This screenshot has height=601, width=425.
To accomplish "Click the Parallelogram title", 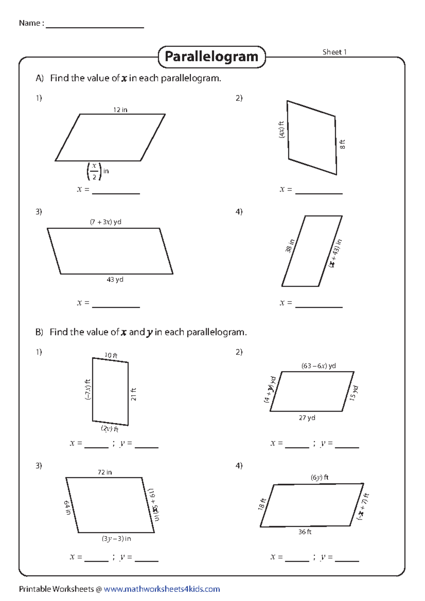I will tap(211, 57).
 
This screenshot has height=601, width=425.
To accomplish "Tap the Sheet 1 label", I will tap(334, 52).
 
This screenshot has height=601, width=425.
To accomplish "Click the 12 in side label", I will tap(120, 110).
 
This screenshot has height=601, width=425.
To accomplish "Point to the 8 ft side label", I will tap(342, 144).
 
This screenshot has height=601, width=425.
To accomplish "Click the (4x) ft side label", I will tap(282, 130).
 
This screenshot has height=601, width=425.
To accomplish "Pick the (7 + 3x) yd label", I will tap(106, 222).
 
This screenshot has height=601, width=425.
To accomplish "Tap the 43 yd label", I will tap(115, 279).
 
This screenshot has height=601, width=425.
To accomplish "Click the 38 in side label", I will tap(290, 246).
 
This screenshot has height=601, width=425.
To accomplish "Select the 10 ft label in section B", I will tap(111, 355).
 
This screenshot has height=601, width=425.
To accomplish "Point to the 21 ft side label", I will tap(134, 394).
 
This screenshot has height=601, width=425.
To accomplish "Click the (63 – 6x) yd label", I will tap(318, 366).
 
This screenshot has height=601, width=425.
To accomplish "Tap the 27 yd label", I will tap(307, 418).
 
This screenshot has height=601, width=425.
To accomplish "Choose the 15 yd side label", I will tap(354, 393).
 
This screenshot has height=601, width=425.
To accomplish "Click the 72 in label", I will tap(104, 472).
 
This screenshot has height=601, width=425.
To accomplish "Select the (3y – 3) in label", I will tap(116, 538).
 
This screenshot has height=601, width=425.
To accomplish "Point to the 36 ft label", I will tap(305, 532).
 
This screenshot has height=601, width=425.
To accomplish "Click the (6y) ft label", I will tap(319, 477).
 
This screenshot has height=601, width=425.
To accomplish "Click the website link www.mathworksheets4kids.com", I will tap(161, 589).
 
